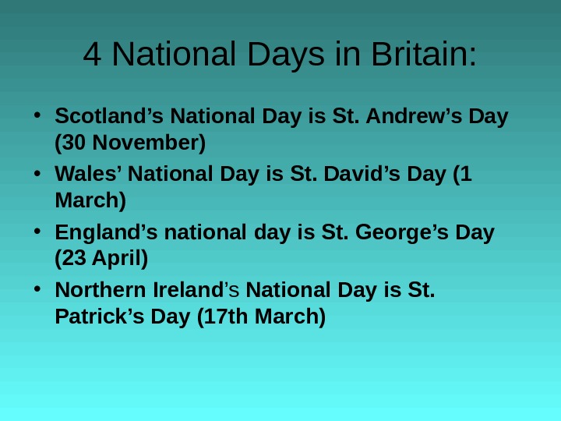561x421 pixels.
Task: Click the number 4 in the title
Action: pos(93,55)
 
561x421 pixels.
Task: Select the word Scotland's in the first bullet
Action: pos(109,117)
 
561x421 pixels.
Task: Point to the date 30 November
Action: pos(130,143)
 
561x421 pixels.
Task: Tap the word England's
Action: pos(105,233)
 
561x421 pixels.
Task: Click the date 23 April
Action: pos(101,257)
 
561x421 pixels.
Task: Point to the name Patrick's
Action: pos(97,317)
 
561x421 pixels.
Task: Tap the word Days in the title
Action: pos(282,55)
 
